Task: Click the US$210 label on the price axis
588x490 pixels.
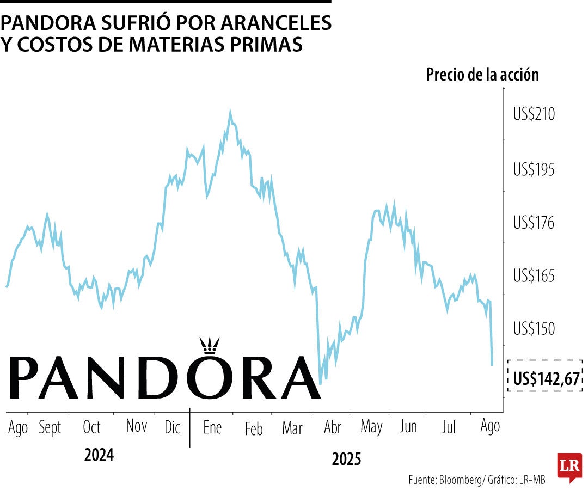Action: (534, 115)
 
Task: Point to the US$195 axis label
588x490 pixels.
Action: (534, 170)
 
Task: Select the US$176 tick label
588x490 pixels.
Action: (534, 223)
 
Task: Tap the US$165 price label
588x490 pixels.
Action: (534, 275)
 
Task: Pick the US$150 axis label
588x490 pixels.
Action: (534, 329)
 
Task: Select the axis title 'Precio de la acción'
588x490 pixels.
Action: (482, 75)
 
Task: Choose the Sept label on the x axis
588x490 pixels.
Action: (50, 428)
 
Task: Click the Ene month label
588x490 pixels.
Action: (212, 428)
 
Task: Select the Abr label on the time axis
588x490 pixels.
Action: (332, 428)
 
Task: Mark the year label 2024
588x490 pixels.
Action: (99, 455)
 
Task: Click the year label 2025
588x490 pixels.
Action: (346, 460)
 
